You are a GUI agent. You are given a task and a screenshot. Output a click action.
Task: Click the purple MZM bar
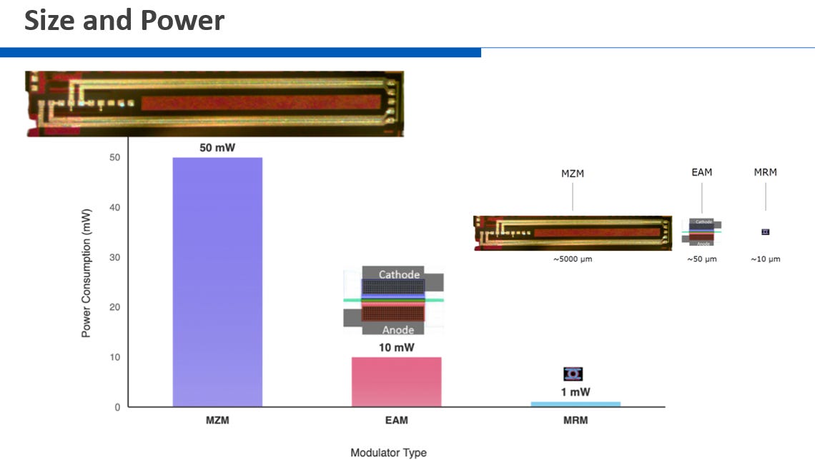(x=217, y=281)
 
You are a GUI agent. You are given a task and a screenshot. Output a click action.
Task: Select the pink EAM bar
(x=396, y=381)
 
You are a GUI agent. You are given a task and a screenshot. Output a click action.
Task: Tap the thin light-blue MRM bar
(x=575, y=404)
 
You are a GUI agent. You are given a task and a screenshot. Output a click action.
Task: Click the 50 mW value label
(x=217, y=148)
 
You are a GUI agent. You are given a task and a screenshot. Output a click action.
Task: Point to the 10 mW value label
(x=396, y=348)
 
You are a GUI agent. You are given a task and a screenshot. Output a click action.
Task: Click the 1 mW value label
(x=575, y=392)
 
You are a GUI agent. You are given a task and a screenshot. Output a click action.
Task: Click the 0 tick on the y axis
(x=117, y=407)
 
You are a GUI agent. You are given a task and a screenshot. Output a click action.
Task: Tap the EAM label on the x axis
(x=396, y=421)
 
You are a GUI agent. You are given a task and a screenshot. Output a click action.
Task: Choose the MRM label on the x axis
(x=575, y=421)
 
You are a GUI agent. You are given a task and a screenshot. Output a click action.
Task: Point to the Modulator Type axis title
(x=388, y=452)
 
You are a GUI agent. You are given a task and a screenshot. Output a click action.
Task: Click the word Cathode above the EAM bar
(x=399, y=274)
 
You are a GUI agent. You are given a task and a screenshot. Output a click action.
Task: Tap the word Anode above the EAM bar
(x=398, y=330)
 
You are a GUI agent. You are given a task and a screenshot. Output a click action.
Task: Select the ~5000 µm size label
(x=572, y=259)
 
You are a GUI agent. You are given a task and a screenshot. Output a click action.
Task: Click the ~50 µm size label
(x=701, y=259)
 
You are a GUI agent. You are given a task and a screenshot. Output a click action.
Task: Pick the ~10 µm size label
(x=765, y=259)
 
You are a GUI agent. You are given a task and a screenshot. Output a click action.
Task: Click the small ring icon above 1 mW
(x=573, y=374)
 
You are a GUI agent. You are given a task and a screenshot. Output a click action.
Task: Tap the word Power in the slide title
(x=182, y=21)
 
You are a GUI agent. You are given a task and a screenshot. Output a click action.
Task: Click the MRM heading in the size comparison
(x=765, y=172)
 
